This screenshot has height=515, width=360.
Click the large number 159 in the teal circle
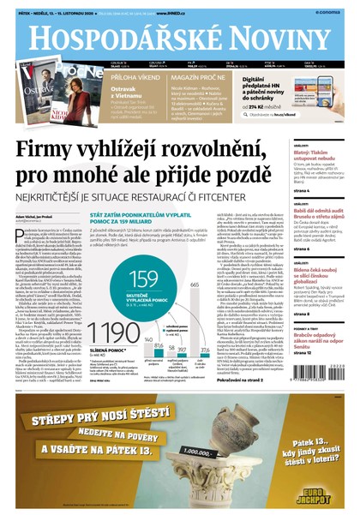pos(143,278)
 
